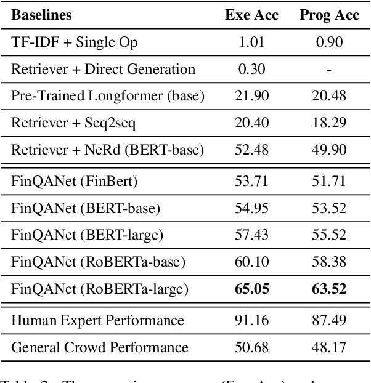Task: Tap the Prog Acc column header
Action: pyautogui.click(x=328, y=15)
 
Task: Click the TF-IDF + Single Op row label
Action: pyautogui.click(x=75, y=42)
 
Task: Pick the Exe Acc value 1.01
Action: pyautogui.click(x=252, y=42)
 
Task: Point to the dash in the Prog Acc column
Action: pyautogui.click(x=329, y=70)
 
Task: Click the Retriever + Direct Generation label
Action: pyautogui.click(x=103, y=70)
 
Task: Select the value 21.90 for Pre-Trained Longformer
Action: pyautogui.click(x=252, y=97)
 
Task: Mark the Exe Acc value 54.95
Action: pyautogui.click(x=252, y=208)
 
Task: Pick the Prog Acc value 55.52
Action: pyautogui.click(x=329, y=235)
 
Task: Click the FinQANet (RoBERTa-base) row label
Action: pyautogui.click(x=98, y=262)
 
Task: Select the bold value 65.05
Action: pyautogui.click(x=252, y=289)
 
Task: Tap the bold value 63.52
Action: pyautogui.click(x=329, y=289)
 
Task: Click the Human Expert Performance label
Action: pyautogui.click(x=97, y=320)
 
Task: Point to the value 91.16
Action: pyautogui.click(x=252, y=320)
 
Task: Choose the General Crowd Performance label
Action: pyautogui.click(x=100, y=347)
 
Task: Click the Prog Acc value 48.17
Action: pyautogui.click(x=329, y=347)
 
